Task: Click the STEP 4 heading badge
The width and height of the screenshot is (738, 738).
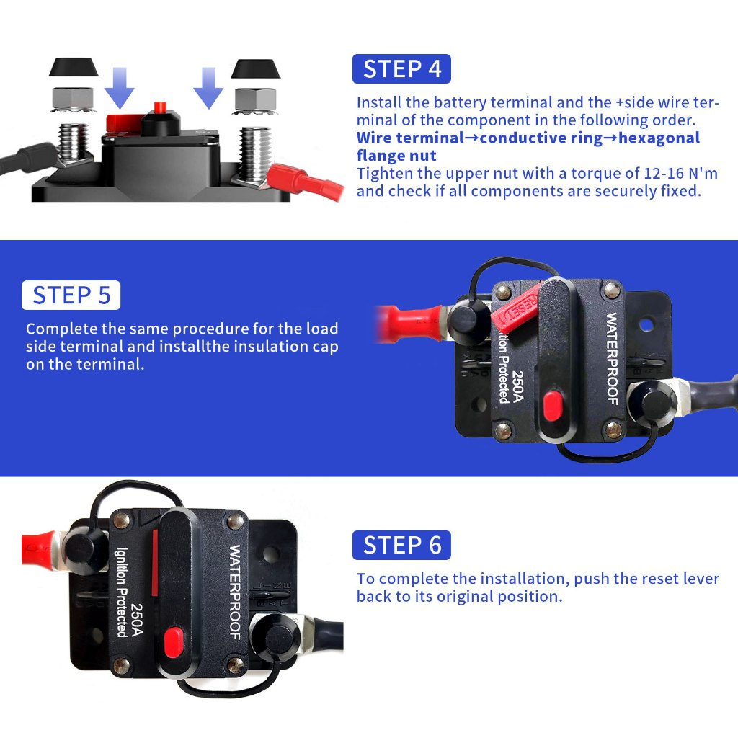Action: coord(401,69)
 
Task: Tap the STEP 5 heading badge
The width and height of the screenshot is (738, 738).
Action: coord(71,295)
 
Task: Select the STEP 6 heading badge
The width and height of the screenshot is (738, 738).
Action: coord(401,546)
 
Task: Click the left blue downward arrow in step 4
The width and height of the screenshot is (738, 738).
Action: coord(119,86)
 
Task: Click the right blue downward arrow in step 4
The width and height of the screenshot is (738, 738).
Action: coord(208,86)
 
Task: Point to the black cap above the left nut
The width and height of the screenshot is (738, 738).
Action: coord(74,68)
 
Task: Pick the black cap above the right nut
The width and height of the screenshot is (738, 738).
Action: coord(256,70)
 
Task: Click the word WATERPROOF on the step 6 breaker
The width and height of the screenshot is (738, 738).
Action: coord(235,592)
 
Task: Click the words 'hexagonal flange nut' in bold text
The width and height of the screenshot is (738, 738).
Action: coord(529,146)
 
